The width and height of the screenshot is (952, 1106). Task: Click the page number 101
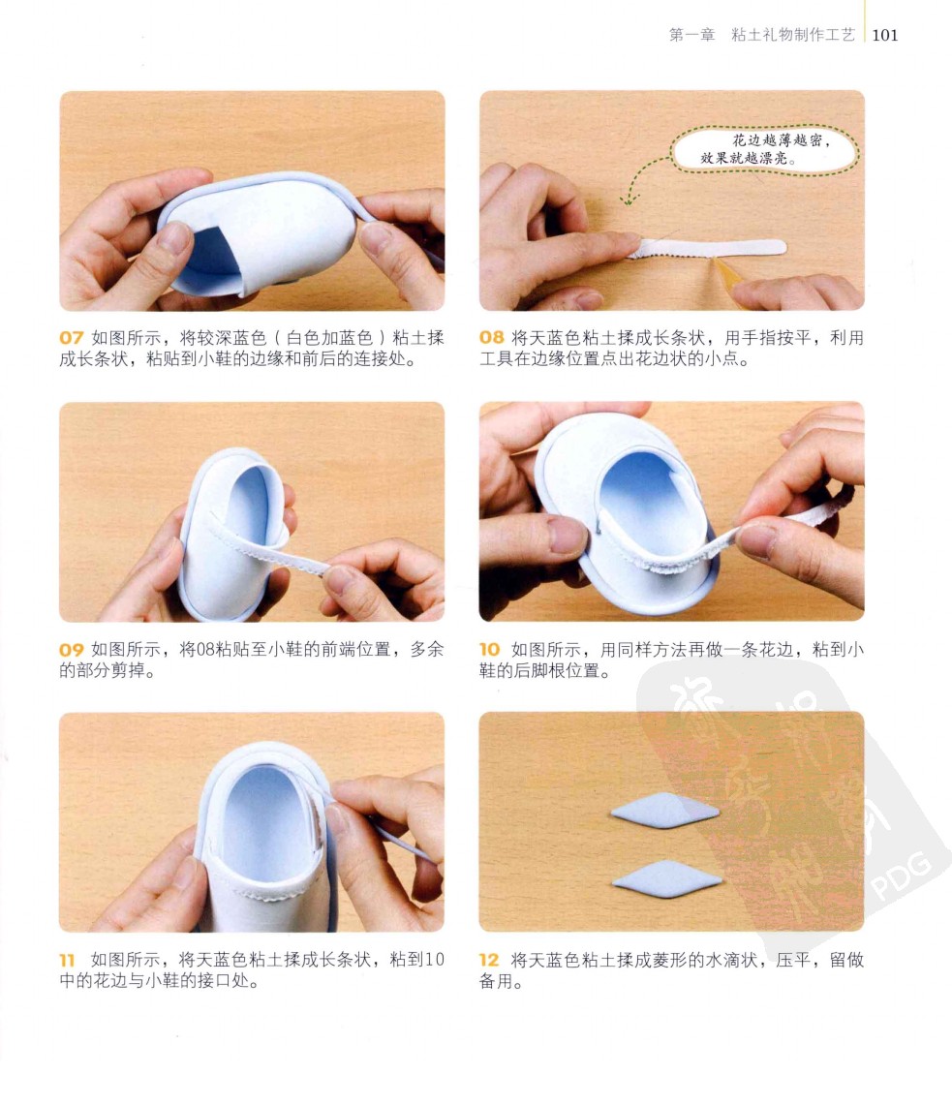pos(885,35)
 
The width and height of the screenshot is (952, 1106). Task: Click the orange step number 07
pos(72,338)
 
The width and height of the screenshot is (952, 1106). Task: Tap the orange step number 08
pos(492,338)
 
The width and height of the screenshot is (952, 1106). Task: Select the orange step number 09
pos(72,650)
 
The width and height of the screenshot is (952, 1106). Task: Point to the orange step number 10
pos(489,649)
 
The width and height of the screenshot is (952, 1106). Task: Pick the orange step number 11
pos(67,960)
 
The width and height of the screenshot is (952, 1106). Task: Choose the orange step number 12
pos(489,960)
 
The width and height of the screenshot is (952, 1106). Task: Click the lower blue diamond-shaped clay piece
pos(666,878)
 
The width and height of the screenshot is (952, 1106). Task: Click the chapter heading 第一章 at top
pos(691,35)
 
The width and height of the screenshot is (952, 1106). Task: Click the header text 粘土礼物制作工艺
pos(793,35)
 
